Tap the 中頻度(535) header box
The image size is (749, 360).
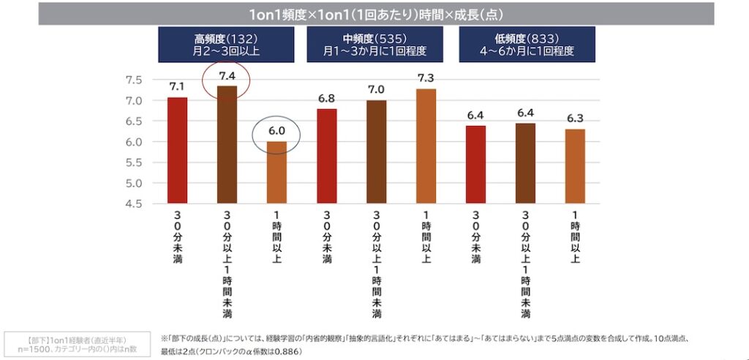(374, 45)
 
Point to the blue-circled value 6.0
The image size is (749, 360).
(276, 132)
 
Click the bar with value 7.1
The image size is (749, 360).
(178, 150)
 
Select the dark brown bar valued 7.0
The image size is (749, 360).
(376, 151)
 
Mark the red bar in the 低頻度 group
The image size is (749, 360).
(476, 164)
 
